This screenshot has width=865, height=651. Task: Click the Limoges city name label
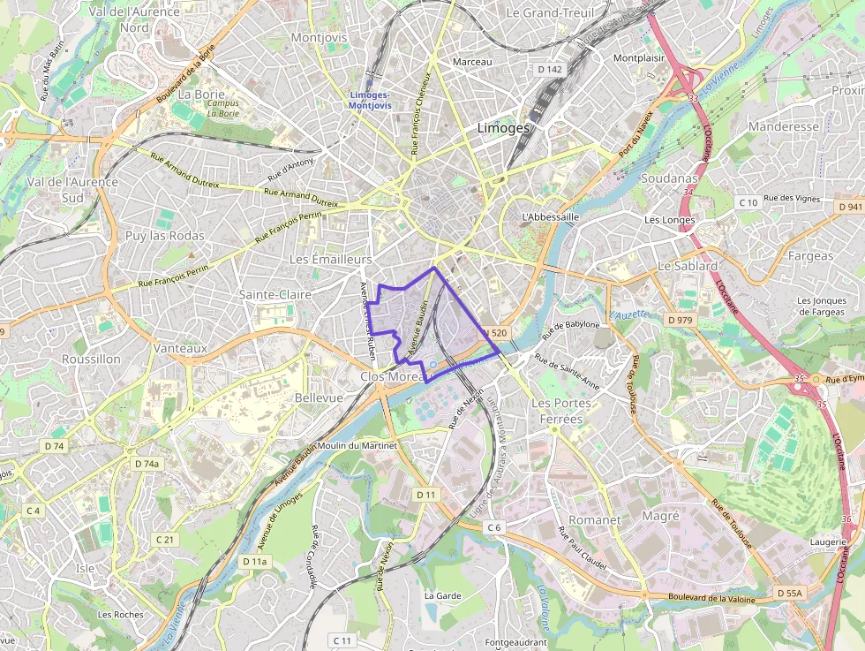503,127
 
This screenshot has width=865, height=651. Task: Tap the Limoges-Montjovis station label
370,100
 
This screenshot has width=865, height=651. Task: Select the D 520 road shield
497,333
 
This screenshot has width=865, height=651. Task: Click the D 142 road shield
549,69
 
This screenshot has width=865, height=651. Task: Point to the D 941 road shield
850,207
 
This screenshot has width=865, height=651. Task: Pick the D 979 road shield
681,319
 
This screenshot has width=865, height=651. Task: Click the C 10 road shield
748,203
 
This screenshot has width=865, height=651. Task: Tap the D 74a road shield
147,463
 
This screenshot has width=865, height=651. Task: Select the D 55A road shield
790,593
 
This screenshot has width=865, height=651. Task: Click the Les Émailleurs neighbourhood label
331,260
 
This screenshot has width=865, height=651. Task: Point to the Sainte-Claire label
275,294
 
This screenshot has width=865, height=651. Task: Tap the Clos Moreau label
395,377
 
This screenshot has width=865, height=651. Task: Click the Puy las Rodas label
164,236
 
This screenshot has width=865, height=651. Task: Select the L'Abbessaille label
551,216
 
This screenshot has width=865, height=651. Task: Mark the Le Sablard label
688,266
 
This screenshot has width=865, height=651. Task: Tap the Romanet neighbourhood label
595,520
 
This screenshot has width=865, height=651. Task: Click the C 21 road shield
165,539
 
